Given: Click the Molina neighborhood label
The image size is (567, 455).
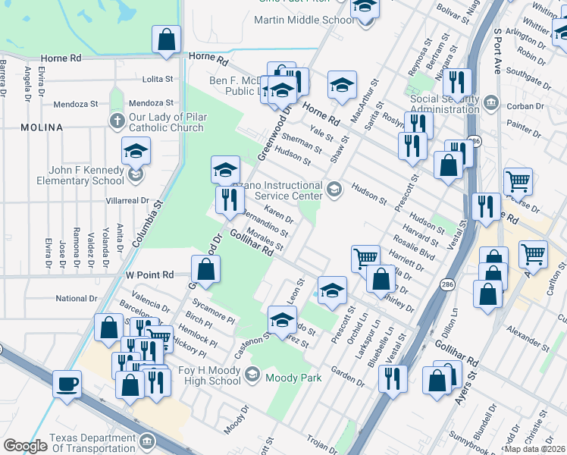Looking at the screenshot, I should point(42,127).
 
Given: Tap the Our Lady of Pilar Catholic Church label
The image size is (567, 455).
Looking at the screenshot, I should point(166,122).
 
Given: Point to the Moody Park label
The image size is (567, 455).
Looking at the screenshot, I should point(294,378).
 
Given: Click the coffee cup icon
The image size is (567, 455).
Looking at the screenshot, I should point(67,383).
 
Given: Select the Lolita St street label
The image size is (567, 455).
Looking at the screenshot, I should point(159,79).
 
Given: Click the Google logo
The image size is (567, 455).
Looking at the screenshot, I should point(25,446).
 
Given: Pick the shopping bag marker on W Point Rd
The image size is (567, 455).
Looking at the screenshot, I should point(205,268).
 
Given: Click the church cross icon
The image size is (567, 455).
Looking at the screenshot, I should point(117,121).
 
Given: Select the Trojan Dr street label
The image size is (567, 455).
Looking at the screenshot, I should point(327,442).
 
